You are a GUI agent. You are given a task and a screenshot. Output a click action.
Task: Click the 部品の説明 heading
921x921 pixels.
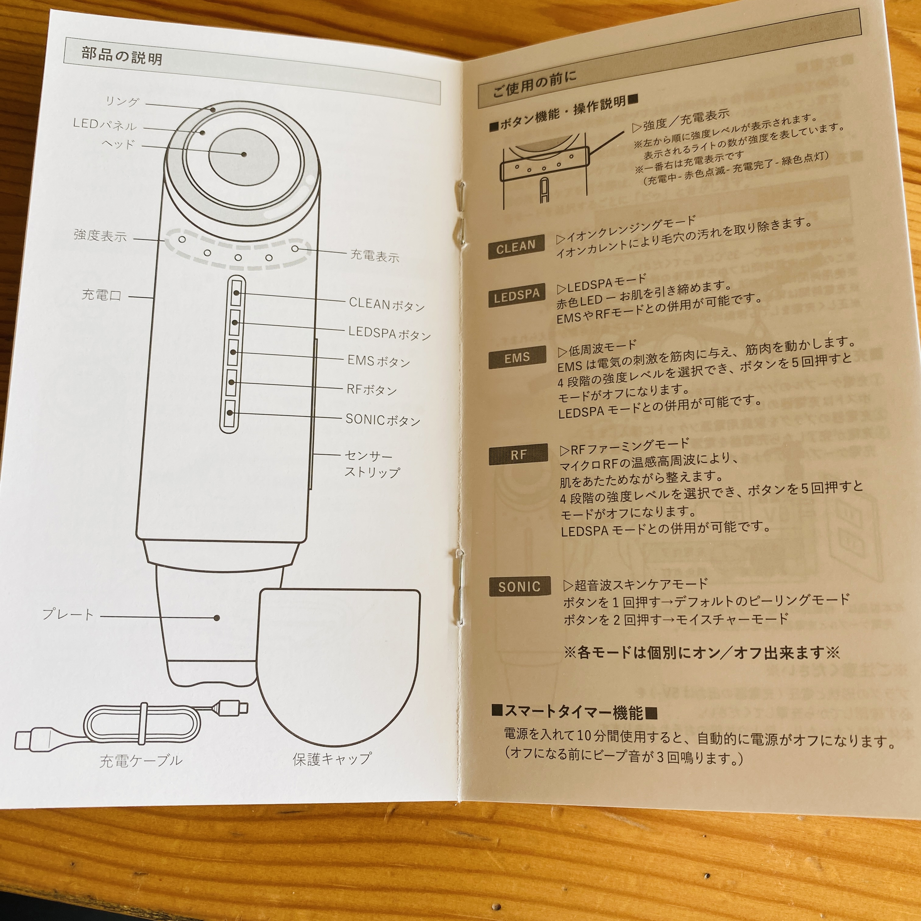pyautogui.click(x=122, y=56)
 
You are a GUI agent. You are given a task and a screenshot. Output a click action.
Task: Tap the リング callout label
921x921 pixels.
pyautogui.click(x=122, y=101)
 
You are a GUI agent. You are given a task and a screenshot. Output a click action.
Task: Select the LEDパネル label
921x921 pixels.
pyautogui.click(x=105, y=125)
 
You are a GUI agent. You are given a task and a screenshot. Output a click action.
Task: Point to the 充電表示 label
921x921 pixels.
pyautogui.click(x=374, y=256)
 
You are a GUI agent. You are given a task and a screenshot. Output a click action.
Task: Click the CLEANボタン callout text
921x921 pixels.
pyautogui.click(x=386, y=304)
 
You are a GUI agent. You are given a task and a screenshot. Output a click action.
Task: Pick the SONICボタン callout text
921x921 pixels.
pyautogui.click(x=383, y=420)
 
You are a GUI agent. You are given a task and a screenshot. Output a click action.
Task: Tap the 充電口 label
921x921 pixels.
pyautogui.click(x=101, y=295)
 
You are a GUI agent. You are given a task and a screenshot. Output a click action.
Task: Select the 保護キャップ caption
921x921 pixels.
pyautogui.click(x=332, y=758)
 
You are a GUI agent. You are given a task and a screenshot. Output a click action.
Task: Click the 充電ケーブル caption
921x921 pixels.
pyautogui.click(x=141, y=760)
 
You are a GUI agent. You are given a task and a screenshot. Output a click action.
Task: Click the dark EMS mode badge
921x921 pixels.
pyautogui.click(x=517, y=358)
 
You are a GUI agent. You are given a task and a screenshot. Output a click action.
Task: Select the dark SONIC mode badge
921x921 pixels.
pyautogui.click(x=519, y=586)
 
